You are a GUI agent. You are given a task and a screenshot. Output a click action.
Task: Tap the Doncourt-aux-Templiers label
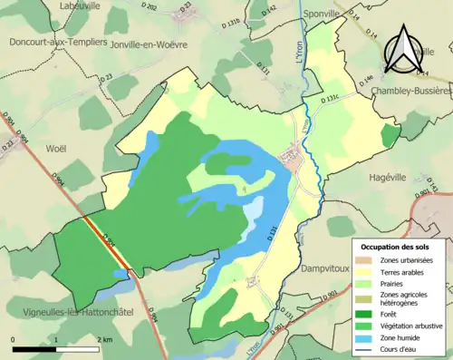tap(58, 43)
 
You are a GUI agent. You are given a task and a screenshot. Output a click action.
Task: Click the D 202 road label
tap(150, 8)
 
